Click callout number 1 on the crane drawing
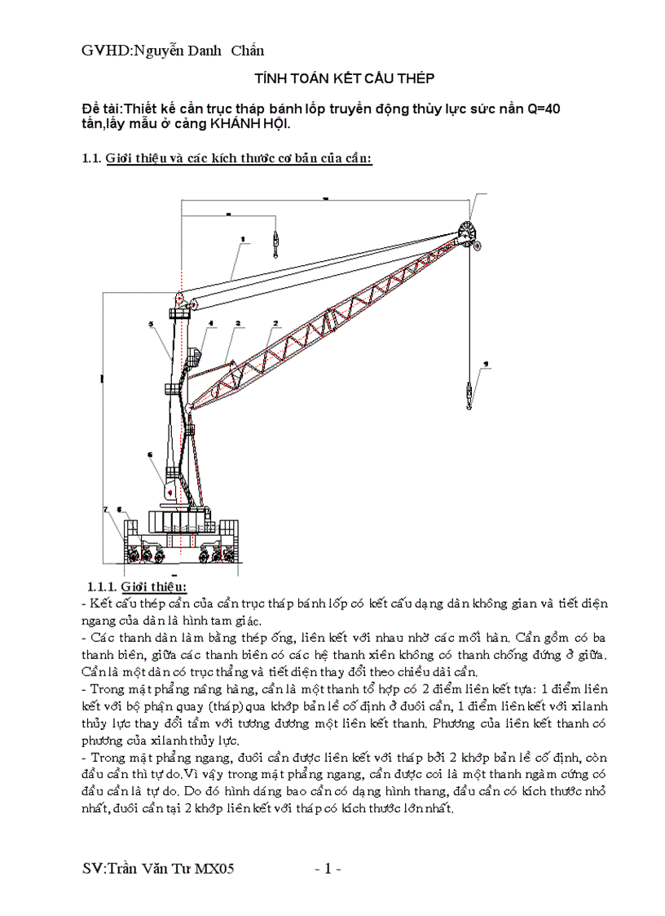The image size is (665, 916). coord(243,238)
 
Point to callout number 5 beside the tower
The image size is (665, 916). coord(152,324)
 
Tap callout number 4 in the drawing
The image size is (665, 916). coord(210,323)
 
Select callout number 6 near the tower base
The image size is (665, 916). coord(150,454)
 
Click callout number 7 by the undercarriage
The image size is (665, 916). coord(106,509)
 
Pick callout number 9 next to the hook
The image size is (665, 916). coord(486,364)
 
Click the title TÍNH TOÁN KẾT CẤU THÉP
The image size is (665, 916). coord(345,78)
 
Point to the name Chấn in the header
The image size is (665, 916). coord(248,51)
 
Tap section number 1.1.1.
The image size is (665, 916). coord(101,586)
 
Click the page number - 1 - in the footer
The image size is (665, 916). coord(328,869)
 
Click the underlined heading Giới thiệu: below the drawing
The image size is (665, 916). coord(154,586)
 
